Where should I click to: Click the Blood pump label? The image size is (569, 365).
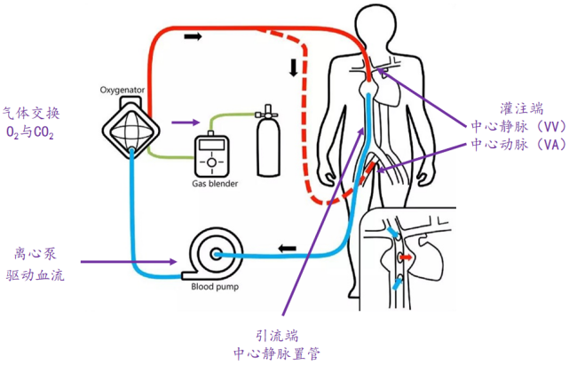[212, 286]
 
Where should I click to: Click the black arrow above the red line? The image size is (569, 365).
[193, 37]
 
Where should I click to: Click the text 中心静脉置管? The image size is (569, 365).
[276, 353]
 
